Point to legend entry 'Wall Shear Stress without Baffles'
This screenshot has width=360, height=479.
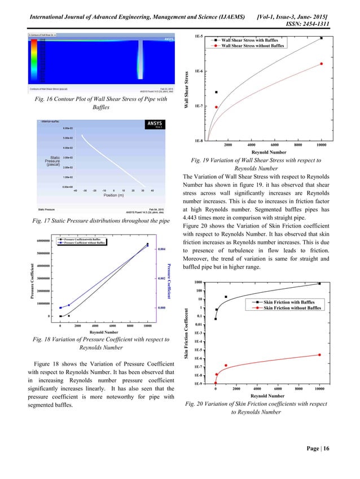252,46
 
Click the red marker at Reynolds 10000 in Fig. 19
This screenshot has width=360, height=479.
321,64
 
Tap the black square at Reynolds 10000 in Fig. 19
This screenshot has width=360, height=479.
321,38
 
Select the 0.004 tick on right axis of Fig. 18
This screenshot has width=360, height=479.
161,249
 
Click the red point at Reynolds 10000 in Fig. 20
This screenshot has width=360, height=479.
319,355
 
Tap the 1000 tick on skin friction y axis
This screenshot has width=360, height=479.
199,282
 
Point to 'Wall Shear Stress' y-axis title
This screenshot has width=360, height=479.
186,90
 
